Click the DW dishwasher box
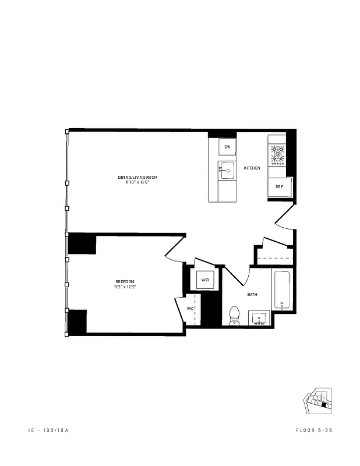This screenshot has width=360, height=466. tap(227, 147)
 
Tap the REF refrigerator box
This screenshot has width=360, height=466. tap(280, 187)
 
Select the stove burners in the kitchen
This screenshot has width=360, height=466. tap(277, 154)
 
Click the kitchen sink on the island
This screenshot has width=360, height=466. tap(226, 171)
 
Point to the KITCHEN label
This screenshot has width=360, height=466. tap(252, 168)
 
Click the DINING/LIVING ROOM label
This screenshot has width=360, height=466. tap(137, 177)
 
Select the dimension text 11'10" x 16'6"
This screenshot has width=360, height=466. tap(137, 182)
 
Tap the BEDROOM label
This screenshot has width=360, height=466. tap(125, 281)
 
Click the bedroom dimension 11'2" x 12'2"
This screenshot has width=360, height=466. tap(125, 287)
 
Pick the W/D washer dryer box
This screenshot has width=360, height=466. tap(206, 280)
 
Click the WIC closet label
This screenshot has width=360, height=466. tap(190, 309)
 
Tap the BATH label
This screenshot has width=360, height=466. tap(252, 295)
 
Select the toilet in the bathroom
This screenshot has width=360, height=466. tap(235, 315)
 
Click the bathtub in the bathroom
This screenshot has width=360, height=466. tap(282, 290)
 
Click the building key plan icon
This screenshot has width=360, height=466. tap(319, 401)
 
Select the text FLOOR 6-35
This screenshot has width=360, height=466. tap(315, 430)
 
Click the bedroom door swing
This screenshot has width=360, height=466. tap(175, 248)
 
